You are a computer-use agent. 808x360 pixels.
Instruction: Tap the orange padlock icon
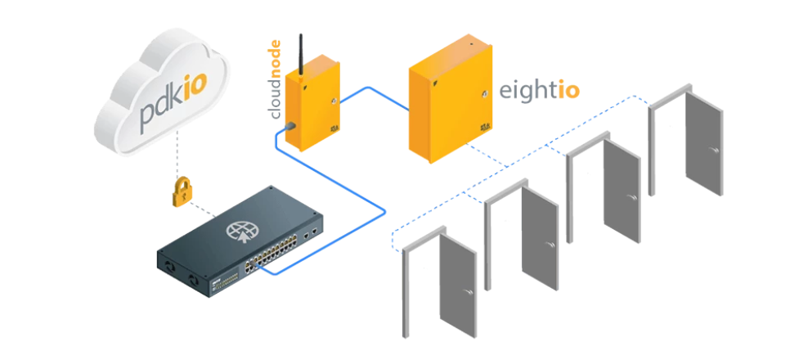(x=181, y=191)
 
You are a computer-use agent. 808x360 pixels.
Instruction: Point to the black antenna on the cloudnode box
(x=301, y=54)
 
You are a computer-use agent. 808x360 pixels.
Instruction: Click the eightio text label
(x=540, y=92)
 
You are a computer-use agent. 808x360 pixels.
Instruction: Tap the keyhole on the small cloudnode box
(x=334, y=101)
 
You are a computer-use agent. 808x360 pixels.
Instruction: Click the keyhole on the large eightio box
(x=484, y=94)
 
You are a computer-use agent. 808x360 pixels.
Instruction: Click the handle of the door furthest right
(x=712, y=150)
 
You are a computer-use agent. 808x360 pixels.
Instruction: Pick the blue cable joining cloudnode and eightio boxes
(x=370, y=97)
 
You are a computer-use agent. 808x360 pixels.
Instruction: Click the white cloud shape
(x=162, y=92)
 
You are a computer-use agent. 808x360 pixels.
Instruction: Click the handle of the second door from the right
(x=631, y=198)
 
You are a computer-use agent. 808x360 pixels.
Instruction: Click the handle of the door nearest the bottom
(x=468, y=292)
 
